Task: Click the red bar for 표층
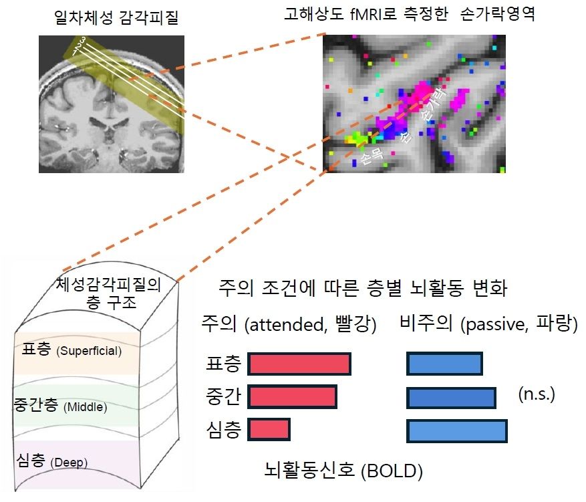[299, 364]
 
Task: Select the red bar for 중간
[292, 397]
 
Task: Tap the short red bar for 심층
[269, 430]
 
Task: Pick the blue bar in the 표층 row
[444, 364]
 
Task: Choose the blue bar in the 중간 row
[451, 397]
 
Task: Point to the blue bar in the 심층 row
[457, 430]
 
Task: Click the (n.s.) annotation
[537, 394]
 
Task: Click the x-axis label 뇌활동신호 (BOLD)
[343, 471]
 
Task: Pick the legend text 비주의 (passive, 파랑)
[488, 325]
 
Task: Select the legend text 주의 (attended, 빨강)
[289, 325]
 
